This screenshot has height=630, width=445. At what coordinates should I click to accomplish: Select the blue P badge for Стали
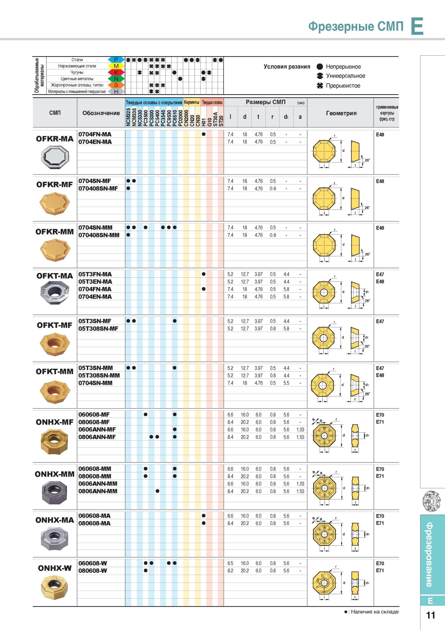click(116, 59)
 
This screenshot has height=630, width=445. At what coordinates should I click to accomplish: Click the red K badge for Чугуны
click(116, 72)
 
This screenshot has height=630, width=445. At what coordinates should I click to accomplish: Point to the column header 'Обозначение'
click(101, 113)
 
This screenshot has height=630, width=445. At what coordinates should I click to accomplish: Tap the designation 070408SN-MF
click(98, 188)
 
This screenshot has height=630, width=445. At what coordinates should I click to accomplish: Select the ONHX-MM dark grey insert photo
click(54, 493)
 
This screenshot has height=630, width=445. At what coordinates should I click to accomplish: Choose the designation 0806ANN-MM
click(98, 491)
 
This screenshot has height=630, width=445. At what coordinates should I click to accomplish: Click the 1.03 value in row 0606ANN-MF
click(300, 429)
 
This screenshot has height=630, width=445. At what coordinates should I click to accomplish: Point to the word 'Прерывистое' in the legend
click(343, 86)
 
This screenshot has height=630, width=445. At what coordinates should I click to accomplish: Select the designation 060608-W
click(93, 563)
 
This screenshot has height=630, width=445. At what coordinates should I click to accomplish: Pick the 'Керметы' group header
click(192, 102)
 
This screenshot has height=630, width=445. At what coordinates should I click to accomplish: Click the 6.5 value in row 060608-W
click(230, 563)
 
